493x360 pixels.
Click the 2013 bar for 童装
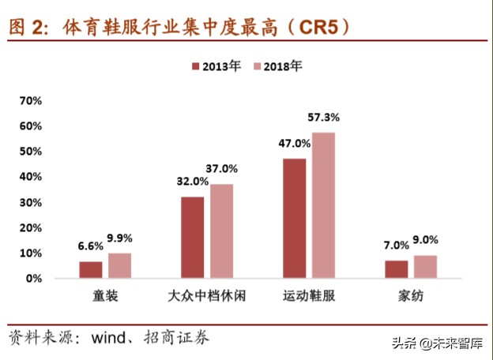pos(91,270)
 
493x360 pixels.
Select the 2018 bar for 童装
pos(119,266)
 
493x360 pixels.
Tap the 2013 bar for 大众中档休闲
pos(193,238)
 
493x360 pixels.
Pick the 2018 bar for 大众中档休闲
pos(221,231)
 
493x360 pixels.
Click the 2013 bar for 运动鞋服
pos(295,219)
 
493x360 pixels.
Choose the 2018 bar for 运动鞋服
pos(323,205)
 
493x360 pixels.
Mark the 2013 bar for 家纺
pos(397,269)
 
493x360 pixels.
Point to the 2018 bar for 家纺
pos(425,267)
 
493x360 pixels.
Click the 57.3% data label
pos(323,117)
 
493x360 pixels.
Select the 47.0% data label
pos(294,143)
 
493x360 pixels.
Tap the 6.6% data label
pos(90,246)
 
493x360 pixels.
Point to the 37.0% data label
pos(222,168)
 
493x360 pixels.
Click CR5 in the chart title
pos(314,28)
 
